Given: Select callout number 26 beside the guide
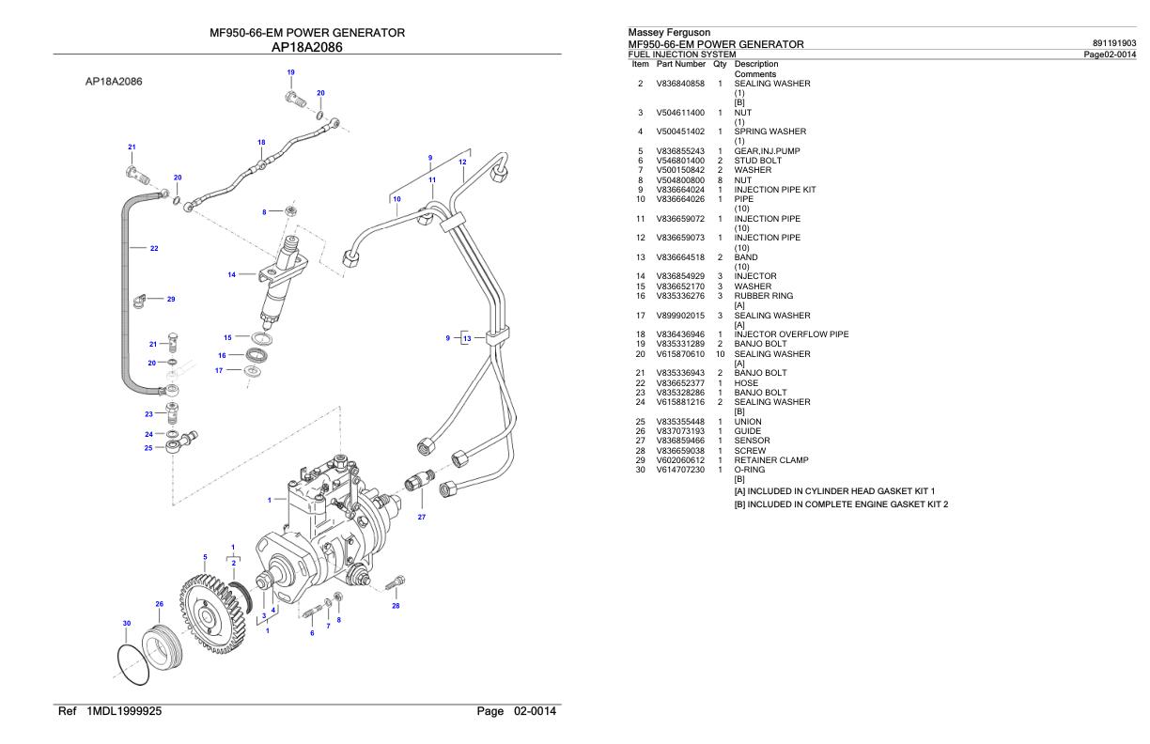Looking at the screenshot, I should click(159, 604).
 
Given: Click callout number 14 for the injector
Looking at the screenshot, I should click(231, 275).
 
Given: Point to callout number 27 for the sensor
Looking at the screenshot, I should click(422, 516).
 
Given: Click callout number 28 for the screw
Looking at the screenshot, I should click(396, 606).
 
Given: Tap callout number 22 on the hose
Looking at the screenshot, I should click(154, 249).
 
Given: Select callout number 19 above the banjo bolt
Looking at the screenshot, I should click(290, 72).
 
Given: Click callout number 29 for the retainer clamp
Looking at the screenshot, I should click(171, 299).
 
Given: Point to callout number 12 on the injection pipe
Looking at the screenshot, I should click(462, 163).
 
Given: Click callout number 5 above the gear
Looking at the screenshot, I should click(206, 556).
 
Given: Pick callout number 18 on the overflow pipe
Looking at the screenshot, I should click(261, 142).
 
